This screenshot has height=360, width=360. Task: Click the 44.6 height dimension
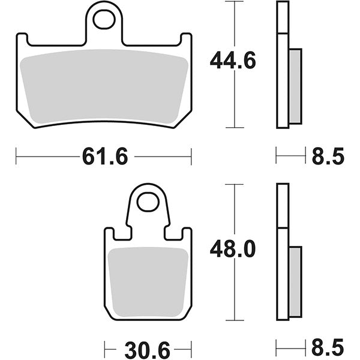click(233, 61)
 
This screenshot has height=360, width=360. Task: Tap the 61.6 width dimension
click(105, 157)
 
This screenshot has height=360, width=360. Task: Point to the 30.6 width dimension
click(148, 347)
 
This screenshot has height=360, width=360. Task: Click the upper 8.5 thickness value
click(328, 157)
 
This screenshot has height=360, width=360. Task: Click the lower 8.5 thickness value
click(328, 347)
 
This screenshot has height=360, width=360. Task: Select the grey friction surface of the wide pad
click(105, 87)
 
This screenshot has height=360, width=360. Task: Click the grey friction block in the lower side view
click(295, 282)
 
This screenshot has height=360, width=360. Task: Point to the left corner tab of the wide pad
click(22, 40)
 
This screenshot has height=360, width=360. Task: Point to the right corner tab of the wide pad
click(187, 40)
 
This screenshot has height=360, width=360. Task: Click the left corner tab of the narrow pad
click(109, 235)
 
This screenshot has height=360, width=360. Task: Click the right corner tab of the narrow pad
click(186, 235)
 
